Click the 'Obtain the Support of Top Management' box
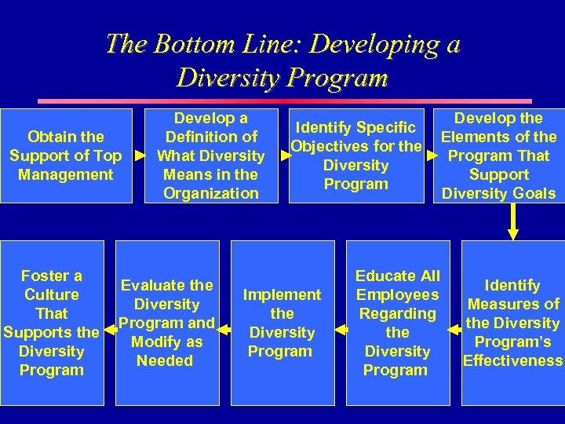[65, 155]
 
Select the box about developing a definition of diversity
[210, 155]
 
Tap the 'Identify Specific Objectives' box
[356, 155]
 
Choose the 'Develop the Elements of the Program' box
[499, 155]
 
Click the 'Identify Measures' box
[512, 322]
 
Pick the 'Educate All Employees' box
[397, 322]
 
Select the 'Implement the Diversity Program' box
[282, 322]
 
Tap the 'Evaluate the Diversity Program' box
[166, 322]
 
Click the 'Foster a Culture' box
[52, 322]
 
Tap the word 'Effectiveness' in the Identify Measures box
[513, 361]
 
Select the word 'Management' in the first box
[65, 174]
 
